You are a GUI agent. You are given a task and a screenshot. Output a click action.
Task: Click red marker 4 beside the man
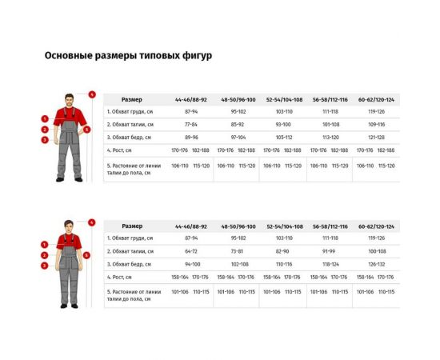tap(92, 94)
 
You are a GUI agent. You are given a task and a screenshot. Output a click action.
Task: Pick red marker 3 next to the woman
tap(46, 265)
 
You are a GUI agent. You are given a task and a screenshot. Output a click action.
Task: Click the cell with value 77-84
tap(191, 125)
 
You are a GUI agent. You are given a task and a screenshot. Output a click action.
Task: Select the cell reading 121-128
tap(376, 138)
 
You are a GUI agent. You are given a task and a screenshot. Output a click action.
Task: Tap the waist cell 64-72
tap(191, 251)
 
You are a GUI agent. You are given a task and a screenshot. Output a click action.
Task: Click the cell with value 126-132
tap(376, 264)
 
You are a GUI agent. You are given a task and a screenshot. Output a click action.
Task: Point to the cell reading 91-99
tap(330, 251)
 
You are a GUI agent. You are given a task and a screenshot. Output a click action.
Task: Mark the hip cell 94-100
tap(191, 264)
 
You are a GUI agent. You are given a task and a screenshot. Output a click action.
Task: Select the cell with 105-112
tap(284, 138)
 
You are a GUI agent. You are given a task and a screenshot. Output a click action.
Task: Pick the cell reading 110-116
tap(284, 264)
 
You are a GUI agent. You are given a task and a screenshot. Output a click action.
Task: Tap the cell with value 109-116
tap(376, 125)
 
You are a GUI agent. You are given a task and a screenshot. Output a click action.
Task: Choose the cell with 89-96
tap(191, 138)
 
